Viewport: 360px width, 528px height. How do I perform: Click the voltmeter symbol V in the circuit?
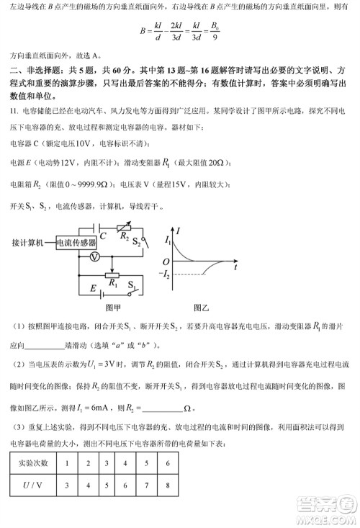(x=93, y=256)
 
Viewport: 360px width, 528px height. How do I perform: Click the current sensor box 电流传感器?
(x=77, y=242)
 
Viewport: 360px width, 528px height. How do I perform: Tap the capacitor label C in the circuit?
(x=103, y=235)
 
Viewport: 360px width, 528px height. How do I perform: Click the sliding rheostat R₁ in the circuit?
(x=112, y=275)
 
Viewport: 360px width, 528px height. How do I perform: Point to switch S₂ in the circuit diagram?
(x=138, y=242)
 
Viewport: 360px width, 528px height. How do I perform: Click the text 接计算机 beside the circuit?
(x=28, y=242)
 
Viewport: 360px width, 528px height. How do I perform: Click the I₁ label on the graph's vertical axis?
(x=168, y=238)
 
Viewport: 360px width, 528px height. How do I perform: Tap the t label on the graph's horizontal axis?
(x=235, y=267)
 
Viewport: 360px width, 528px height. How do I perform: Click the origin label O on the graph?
(x=166, y=261)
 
